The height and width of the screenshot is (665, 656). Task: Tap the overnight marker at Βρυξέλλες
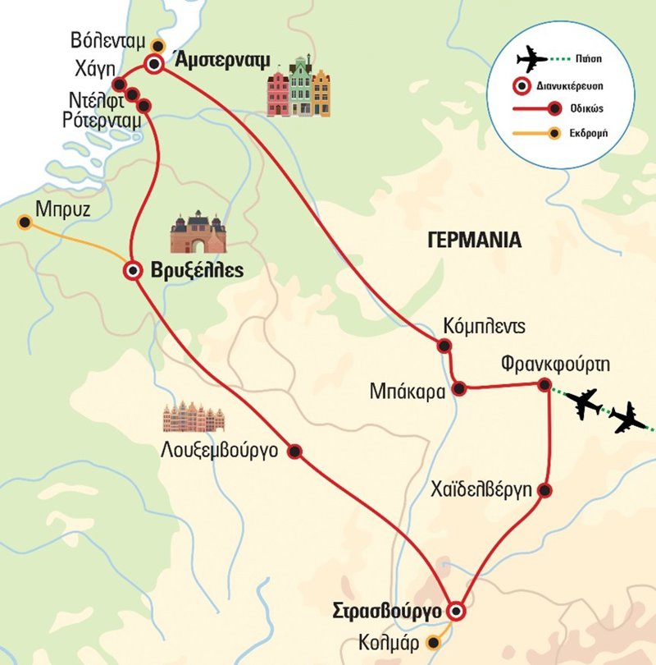(131, 270)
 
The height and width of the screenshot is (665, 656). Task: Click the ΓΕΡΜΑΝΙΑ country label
(474, 240)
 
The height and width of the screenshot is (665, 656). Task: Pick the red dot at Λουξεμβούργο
(295, 451)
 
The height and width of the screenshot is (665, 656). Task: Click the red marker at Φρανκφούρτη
(544, 385)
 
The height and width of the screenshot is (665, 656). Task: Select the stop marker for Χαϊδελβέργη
(544, 491)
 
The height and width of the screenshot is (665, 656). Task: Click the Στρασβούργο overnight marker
(455, 611)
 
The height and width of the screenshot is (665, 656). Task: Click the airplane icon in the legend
(532, 61)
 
